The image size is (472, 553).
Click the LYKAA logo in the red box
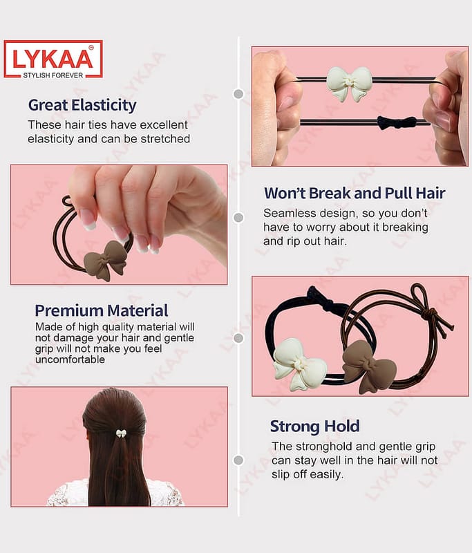(53, 59)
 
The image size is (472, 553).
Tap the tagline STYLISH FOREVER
(53, 75)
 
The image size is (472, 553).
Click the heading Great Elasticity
(82, 105)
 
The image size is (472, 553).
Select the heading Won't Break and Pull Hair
(355, 193)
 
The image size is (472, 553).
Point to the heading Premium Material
(102, 310)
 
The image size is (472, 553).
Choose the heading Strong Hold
(315, 426)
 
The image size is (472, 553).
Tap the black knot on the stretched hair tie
(397, 123)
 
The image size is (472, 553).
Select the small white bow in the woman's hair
(121, 433)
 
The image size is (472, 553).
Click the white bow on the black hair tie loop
(300, 364)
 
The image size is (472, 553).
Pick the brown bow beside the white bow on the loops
(369, 367)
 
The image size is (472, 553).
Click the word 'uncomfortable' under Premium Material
(70, 359)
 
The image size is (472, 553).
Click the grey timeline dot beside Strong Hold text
(238, 460)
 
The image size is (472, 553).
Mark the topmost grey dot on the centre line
(238, 94)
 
